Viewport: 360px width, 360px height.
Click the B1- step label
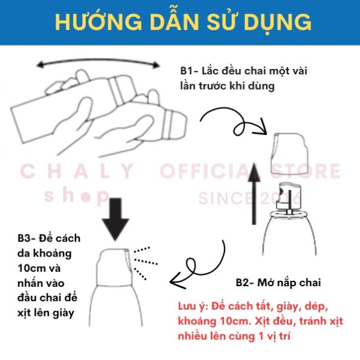tap(189, 71)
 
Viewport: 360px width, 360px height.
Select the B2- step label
tap(245, 283)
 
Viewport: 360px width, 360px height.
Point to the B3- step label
tap(27, 238)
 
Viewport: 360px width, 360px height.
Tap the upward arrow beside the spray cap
tap(254, 194)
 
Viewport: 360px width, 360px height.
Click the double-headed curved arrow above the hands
tap(98, 61)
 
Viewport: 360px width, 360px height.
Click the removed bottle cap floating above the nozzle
tap(289, 153)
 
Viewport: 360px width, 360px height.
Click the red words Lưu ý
tap(192, 307)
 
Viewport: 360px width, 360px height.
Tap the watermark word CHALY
tap(77, 171)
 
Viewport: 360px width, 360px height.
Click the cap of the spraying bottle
tap(114, 267)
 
